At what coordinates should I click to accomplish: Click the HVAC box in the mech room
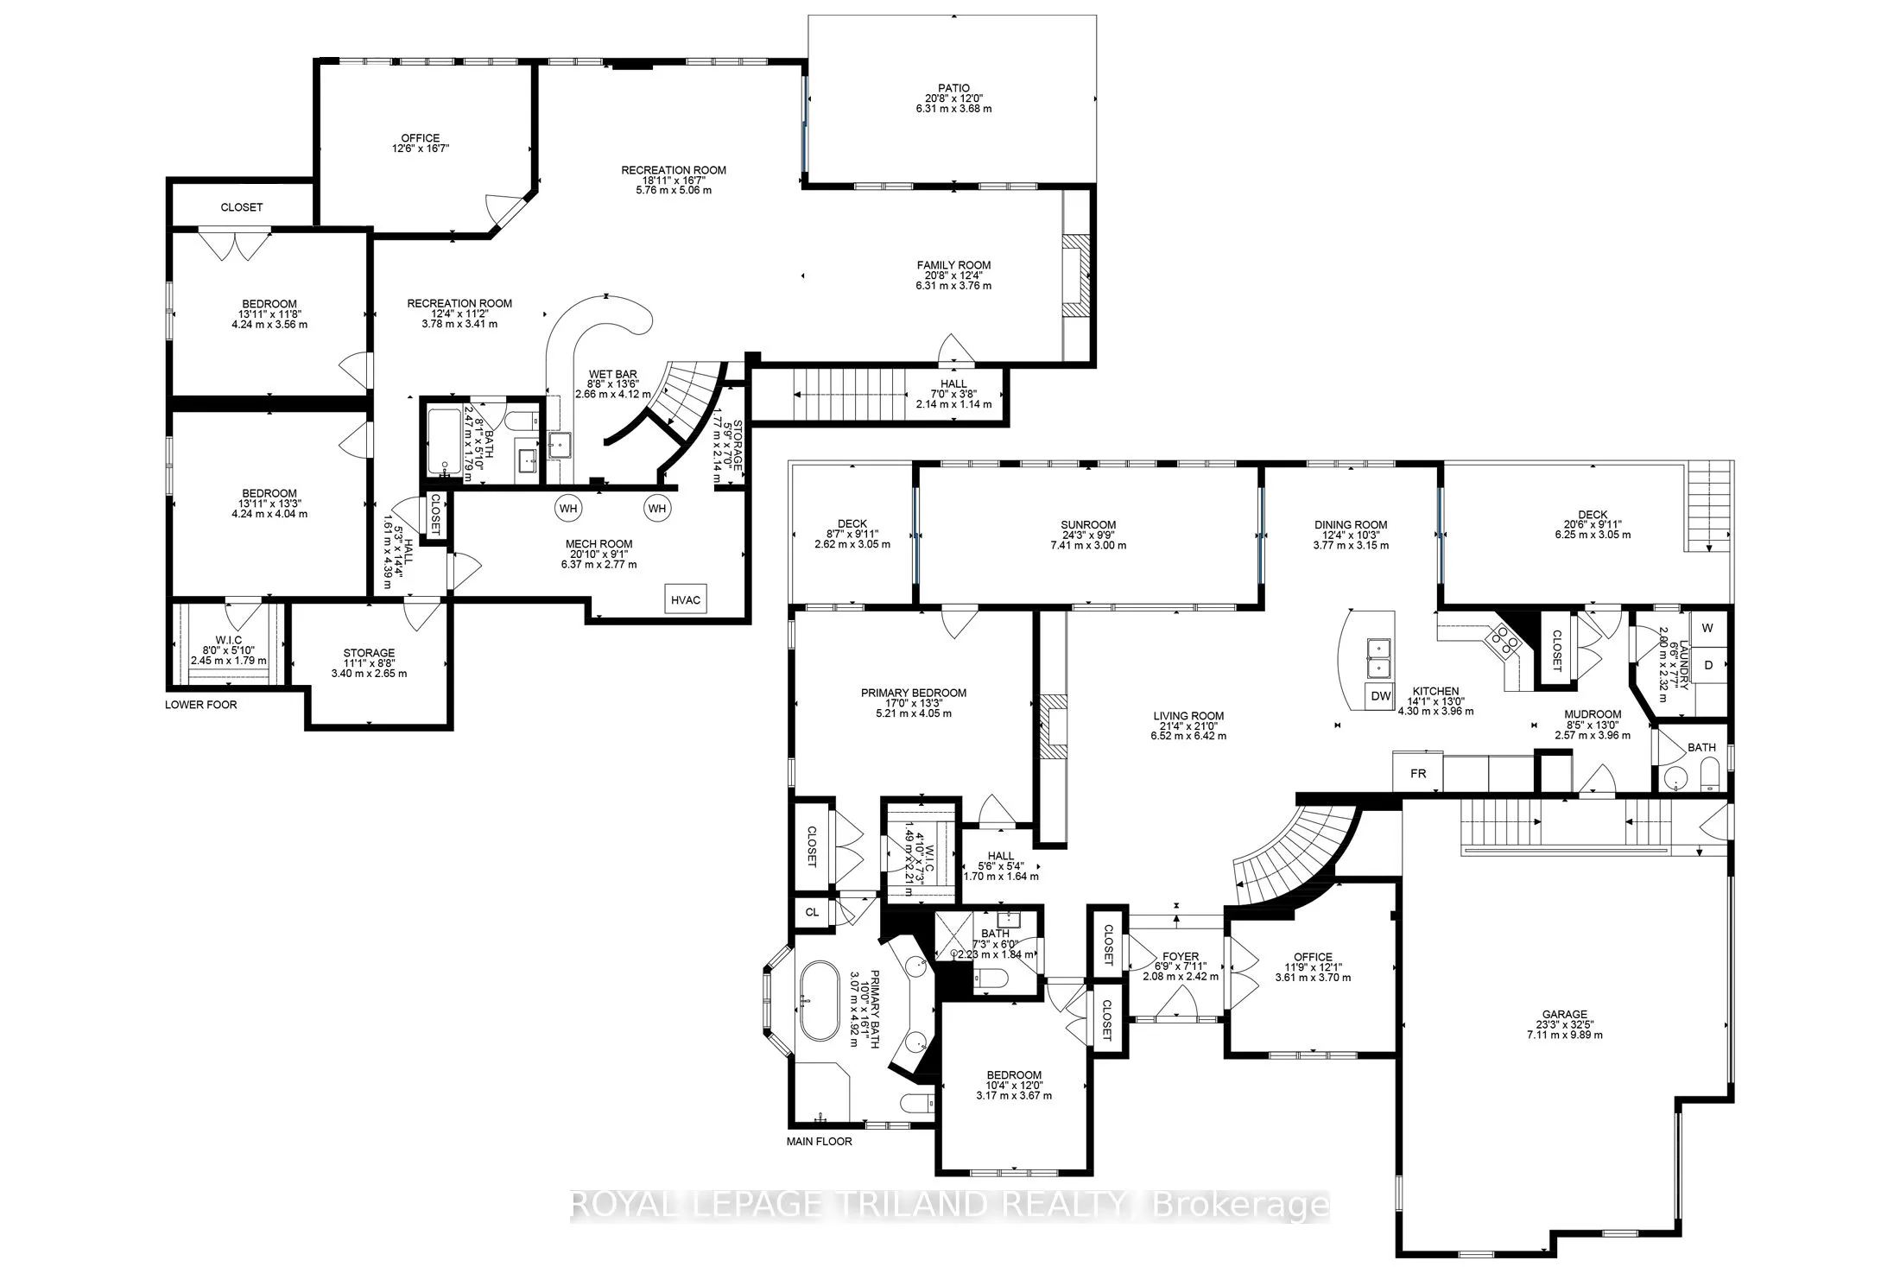pyautogui.click(x=686, y=599)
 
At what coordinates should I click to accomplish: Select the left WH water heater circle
pyautogui.click(x=567, y=508)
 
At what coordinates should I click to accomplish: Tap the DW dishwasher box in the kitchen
pyautogui.click(x=1381, y=695)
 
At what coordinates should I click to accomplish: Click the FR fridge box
pyautogui.click(x=1417, y=774)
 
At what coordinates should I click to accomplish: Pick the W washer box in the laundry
pyautogui.click(x=1707, y=629)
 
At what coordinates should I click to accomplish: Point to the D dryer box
pyautogui.click(x=1707, y=665)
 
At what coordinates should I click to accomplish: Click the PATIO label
pyautogui.click(x=953, y=88)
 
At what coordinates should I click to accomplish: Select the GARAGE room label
pyautogui.click(x=1565, y=1015)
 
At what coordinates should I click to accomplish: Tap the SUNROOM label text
pyautogui.click(x=1088, y=524)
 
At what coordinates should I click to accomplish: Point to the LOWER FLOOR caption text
pyautogui.click(x=200, y=705)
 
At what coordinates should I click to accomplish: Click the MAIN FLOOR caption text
pyautogui.click(x=819, y=1141)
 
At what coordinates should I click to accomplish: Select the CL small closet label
pyautogui.click(x=812, y=912)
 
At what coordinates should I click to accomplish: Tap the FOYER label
pyautogui.click(x=1180, y=956)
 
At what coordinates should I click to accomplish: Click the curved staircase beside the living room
pyautogui.click(x=1295, y=855)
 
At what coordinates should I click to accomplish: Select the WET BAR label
pyautogui.click(x=613, y=374)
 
